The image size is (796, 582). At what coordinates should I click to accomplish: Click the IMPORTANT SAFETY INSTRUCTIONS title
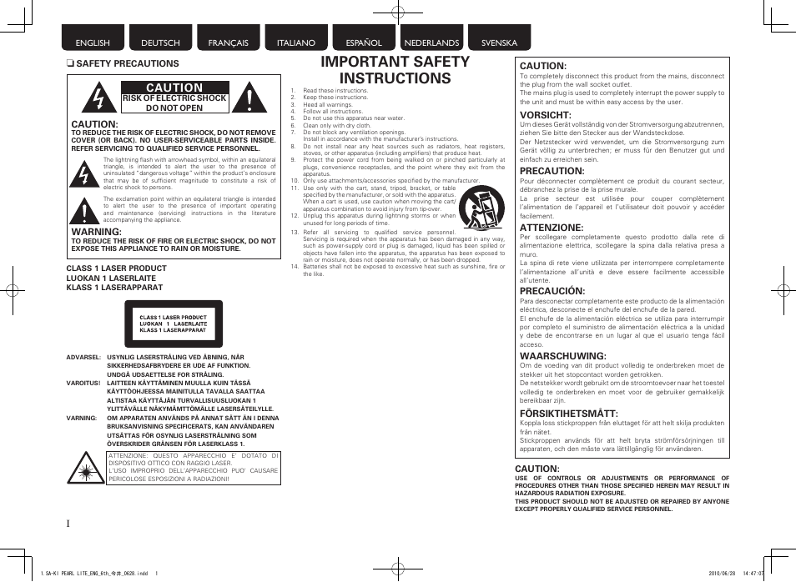click(395, 70)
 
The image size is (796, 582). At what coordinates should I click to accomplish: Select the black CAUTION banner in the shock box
click(175, 88)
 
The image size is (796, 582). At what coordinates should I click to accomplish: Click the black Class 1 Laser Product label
click(174, 324)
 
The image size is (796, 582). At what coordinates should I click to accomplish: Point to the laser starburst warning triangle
click(86, 466)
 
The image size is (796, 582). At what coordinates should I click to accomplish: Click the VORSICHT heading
click(545, 115)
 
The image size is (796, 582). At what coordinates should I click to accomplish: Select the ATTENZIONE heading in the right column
click(552, 228)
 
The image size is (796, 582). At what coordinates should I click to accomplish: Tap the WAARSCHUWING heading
click(562, 356)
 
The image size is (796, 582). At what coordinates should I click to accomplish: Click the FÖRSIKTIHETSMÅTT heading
click(568, 414)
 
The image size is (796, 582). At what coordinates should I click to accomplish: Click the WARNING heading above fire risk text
click(97, 231)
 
